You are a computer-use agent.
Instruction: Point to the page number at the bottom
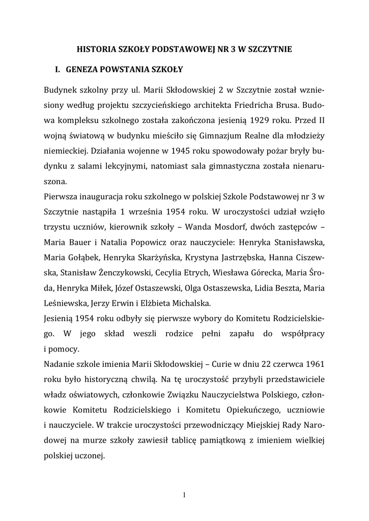coord(184,496)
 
